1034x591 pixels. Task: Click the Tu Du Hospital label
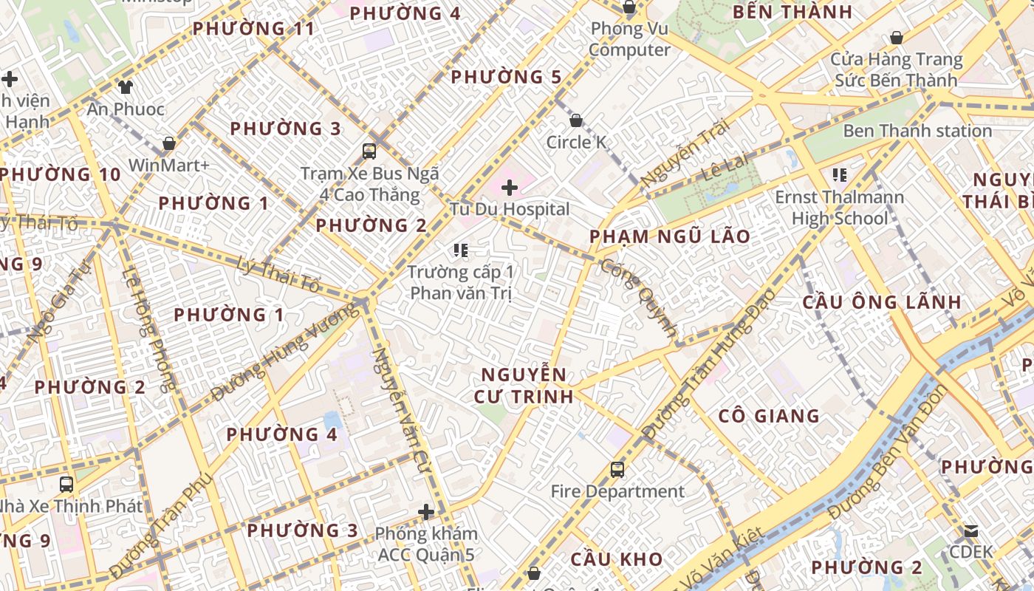510,209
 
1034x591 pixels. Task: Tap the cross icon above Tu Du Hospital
510,188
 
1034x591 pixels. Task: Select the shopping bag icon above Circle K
576,120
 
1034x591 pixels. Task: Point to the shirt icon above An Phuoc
125,87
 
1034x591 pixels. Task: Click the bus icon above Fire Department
617,470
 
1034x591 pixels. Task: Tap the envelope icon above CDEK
970,531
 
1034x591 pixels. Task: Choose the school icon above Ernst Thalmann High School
839,175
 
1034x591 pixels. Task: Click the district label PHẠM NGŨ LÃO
670,237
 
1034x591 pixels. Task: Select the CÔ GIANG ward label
769,416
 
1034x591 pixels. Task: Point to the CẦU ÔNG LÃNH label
882,302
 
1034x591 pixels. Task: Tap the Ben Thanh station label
917,131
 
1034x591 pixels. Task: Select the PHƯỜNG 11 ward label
253,29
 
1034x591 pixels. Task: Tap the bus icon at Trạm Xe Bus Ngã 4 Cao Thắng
369,151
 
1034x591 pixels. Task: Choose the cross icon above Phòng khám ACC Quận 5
426,511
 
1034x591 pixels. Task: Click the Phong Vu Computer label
629,40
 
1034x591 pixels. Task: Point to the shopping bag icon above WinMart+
169,143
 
